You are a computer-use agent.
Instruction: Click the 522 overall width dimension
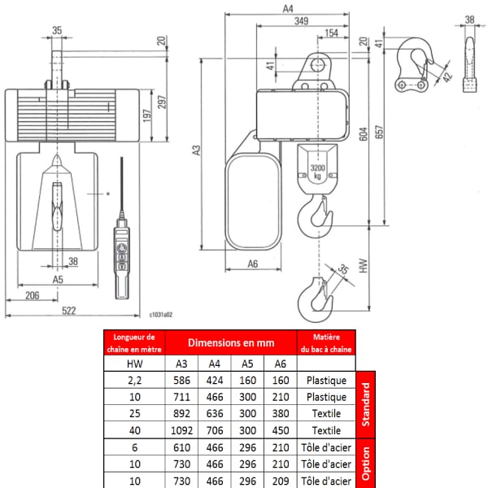pos(69,311)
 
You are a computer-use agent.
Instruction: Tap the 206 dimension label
pos(33,295)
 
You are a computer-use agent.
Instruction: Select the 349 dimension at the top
pos(301,21)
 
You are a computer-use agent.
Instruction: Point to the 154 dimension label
pos(332,33)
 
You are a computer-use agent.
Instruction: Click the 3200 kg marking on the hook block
pos(317,172)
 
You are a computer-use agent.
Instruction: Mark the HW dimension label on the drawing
pos(364,266)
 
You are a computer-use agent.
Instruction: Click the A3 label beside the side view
pos(196,150)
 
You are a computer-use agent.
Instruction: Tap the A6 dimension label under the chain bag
pos(253,264)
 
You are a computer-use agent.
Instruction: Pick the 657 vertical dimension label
pos(379,132)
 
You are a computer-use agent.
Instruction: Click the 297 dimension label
pos(162,102)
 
